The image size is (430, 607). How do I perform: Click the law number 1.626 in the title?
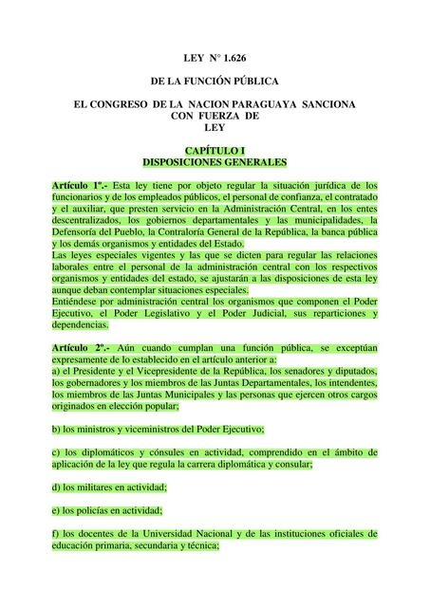pos(238,59)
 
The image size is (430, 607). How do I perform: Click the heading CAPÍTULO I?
pos(215,151)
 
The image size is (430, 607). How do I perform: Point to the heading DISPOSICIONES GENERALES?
pos(215,162)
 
